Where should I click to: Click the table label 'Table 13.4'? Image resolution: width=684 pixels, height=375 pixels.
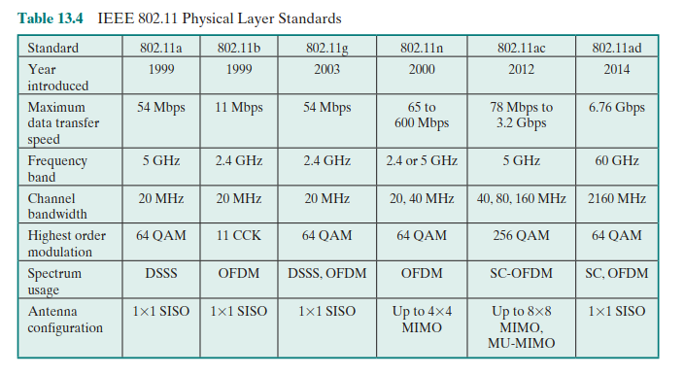coord(51,18)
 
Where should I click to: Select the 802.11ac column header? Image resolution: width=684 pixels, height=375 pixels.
coord(522,48)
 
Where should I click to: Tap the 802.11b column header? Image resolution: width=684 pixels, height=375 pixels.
coord(239,48)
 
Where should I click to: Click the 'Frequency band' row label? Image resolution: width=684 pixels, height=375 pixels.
coord(57,169)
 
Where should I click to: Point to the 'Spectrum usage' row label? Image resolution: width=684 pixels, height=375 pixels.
coord(54,282)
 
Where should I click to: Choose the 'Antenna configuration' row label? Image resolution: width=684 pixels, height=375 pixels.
coord(65,320)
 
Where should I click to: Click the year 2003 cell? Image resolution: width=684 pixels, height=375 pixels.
coord(327,69)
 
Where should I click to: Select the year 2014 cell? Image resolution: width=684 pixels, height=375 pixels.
coord(617,69)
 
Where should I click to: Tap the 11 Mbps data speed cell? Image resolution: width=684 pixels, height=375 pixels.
coord(239,108)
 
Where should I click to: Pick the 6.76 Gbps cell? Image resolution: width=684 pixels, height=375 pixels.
coord(617,108)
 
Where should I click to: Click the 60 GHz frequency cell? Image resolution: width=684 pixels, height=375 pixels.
coord(617,161)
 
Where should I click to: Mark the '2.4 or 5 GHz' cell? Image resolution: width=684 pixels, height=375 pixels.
coord(422,161)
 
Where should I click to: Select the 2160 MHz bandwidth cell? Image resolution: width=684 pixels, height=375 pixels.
coord(617,199)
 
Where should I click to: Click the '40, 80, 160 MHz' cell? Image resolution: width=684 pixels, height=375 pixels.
coord(522,199)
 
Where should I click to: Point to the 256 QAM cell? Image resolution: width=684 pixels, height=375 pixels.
coord(522,236)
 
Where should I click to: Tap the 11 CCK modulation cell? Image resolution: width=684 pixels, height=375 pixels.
coord(239,236)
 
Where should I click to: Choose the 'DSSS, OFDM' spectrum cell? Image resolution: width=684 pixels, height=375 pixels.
coord(327,274)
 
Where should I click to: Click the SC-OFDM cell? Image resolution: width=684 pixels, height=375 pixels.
coord(522,274)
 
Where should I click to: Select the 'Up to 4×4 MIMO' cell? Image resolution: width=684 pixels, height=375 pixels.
coord(422,320)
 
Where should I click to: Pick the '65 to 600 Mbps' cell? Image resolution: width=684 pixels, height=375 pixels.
coord(422,115)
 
